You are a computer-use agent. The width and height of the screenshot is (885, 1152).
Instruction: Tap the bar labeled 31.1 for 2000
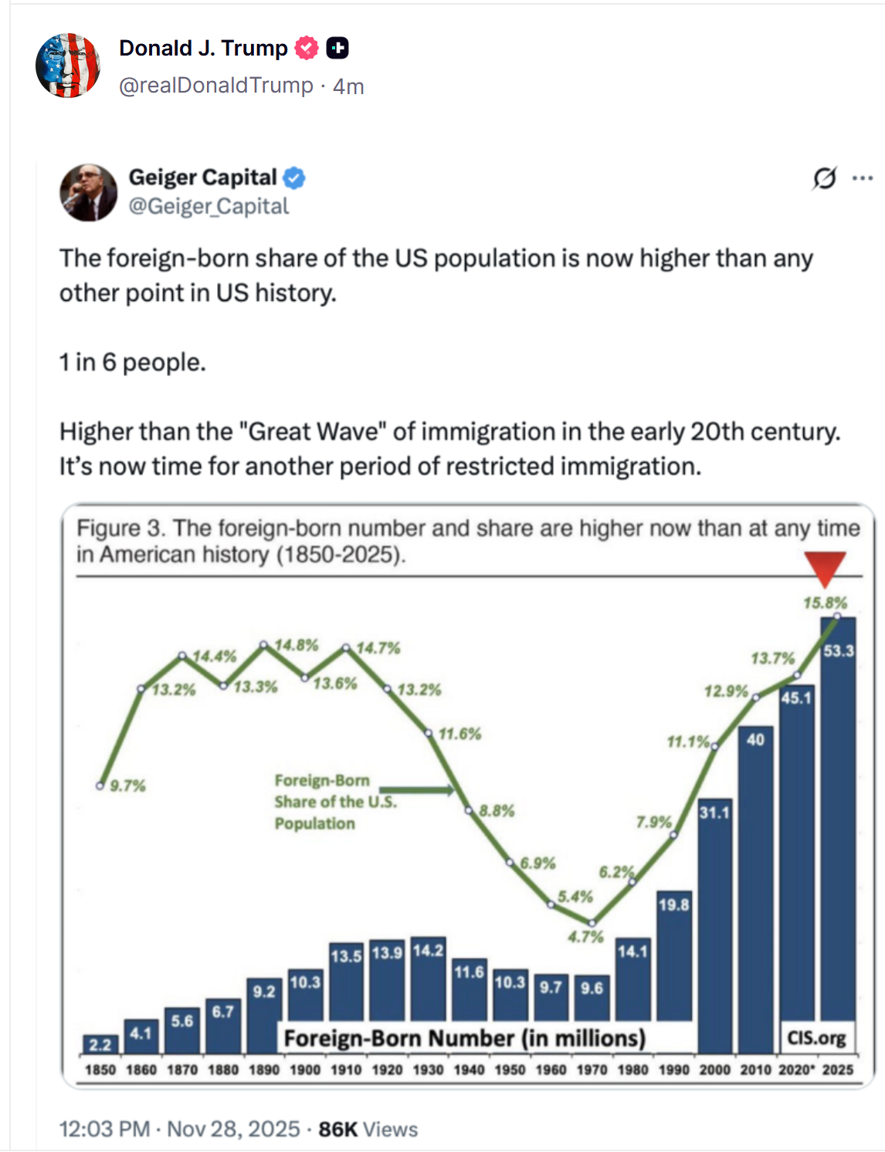[714, 926]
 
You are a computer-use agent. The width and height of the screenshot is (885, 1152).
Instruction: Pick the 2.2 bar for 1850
[100, 1045]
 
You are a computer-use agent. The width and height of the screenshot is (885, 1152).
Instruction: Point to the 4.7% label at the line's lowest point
[585, 937]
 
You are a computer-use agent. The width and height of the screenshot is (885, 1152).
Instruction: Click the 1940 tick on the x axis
[469, 1069]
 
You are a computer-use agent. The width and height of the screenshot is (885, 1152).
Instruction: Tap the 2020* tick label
[795, 1069]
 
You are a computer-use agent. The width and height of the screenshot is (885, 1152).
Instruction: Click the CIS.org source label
[816, 1038]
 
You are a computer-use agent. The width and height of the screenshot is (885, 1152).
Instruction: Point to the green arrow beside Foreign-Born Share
[416, 789]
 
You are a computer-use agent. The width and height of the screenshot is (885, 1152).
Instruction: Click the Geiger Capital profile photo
[89, 192]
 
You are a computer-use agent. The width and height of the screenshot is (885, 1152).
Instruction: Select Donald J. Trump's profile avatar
[68, 66]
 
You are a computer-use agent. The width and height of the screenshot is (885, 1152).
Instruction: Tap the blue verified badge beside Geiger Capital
[294, 178]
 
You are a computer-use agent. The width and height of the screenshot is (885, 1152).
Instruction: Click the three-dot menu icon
[862, 178]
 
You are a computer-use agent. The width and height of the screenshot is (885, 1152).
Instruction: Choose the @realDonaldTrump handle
[216, 86]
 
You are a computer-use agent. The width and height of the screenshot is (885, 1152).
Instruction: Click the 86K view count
[337, 1129]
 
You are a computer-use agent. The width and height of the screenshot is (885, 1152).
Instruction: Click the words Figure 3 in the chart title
[120, 529]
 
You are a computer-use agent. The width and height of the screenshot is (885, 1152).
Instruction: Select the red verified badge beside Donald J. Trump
[307, 48]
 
